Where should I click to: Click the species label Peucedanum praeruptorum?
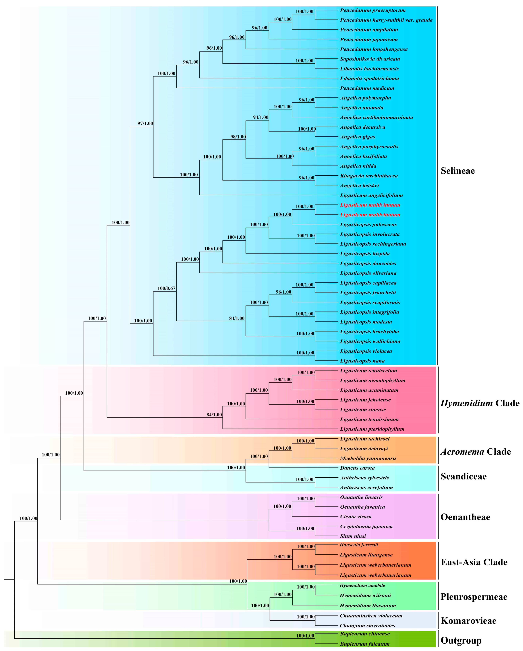pyautogui.click(x=373, y=10)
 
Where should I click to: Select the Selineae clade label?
pyautogui.click(x=457, y=171)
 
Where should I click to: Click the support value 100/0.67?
pyautogui.click(x=166, y=288)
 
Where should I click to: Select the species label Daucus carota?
pyautogui.click(x=357, y=468)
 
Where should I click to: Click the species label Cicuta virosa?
pyautogui.click(x=356, y=517)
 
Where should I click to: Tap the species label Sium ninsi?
pyautogui.click(x=353, y=536)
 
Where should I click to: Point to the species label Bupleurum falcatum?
pyautogui.click(x=365, y=644)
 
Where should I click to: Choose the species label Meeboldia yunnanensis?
pyautogui.click(x=368, y=458)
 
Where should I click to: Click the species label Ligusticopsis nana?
pyautogui.click(x=362, y=361)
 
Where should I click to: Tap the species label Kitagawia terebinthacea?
pyautogui.click(x=368, y=176)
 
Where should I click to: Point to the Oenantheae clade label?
pyautogui.click(x=465, y=517)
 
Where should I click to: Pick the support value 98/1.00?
pyautogui.click(x=238, y=137)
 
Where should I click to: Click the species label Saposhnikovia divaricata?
pyautogui.click(x=370, y=59)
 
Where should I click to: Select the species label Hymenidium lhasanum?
pyautogui.click(x=368, y=605)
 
